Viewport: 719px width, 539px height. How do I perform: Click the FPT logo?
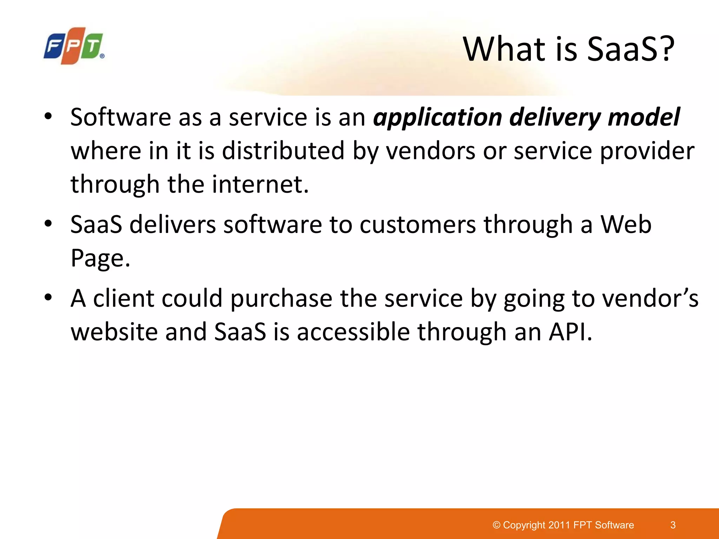pyautogui.click(x=74, y=46)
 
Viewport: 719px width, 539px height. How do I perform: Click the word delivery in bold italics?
pyautogui.click(x=555, y=118)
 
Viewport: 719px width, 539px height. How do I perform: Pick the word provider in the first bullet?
pyautogui.click(x=647, y=151)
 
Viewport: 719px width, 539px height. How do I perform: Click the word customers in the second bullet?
pyautogui.click(x=418, y=225)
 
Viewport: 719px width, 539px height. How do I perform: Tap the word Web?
pyautogui.click(x=626, y=225)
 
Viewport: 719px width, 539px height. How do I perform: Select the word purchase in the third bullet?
pyautogui.click(x=281, y=298)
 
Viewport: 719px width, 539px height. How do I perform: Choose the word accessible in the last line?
pyautogui.click(x=353, y=332)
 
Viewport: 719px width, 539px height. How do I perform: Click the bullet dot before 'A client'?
pyautogui.click(x=48, y=298)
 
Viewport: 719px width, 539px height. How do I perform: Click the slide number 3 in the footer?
pyautogui.click(x=673, y=525)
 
